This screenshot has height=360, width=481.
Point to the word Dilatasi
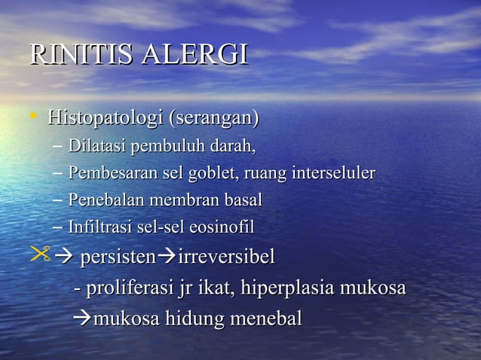[x=96, y=145]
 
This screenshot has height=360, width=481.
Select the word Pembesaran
[x=109, y=173]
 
